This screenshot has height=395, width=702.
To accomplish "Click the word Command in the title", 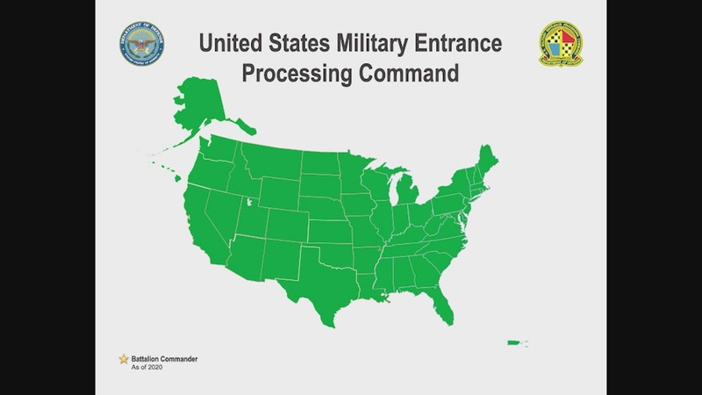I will click(x=407, y=73).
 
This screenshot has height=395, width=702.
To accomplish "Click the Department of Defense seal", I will click(x=140, y=46).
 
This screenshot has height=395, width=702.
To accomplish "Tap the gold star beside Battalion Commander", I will click(x=124, y=358).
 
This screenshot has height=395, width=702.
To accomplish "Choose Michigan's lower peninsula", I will click(x=405, y=194).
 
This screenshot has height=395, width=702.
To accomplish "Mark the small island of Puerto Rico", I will click(x=513, y=343).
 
